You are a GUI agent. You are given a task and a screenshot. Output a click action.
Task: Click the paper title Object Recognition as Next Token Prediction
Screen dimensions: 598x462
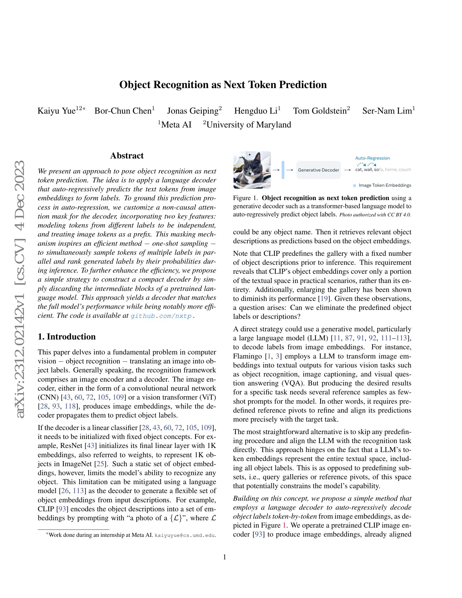223,85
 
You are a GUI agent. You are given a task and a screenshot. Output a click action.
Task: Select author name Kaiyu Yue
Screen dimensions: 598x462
56,111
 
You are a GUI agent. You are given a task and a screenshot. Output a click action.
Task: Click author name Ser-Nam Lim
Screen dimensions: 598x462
387,111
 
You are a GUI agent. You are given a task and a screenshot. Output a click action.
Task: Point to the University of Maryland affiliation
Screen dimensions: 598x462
248,125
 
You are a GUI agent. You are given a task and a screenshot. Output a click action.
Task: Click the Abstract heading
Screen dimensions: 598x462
127,155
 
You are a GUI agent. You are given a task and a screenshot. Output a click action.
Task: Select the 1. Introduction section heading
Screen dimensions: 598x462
67,337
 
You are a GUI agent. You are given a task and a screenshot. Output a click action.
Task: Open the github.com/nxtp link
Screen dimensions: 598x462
161,316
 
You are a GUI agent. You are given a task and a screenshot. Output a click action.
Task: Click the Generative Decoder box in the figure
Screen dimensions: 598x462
318,170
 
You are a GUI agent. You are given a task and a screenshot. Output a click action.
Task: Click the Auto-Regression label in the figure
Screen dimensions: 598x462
372,158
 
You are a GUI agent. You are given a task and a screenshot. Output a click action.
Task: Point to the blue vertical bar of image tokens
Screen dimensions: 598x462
283,170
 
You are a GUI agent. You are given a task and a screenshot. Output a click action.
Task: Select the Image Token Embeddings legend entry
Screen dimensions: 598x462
385,185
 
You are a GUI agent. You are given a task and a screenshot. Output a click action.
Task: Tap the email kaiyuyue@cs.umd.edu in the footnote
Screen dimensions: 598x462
185,535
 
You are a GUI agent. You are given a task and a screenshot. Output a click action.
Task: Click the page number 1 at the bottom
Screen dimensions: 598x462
224,557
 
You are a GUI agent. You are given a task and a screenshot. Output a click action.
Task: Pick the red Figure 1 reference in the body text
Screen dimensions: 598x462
283,525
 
